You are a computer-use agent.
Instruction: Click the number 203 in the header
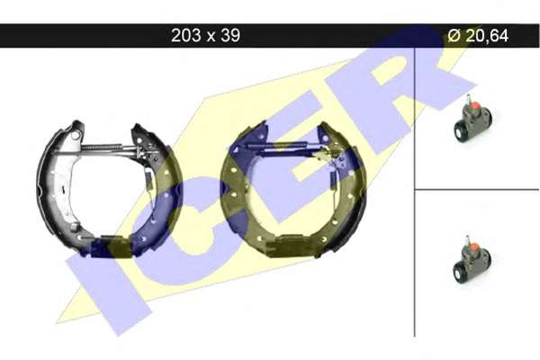[186, 35]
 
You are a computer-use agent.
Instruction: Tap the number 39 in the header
[230, 35]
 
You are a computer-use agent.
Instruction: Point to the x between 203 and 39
[211, 37]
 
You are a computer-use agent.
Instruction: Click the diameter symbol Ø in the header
[454, 35]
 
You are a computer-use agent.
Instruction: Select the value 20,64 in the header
[487, 36]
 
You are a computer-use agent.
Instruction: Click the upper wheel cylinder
[472, 120]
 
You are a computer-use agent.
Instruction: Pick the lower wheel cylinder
[472, 259]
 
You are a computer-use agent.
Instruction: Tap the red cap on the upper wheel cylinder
[475, 104]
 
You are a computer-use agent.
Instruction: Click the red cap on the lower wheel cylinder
[475, 246]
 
